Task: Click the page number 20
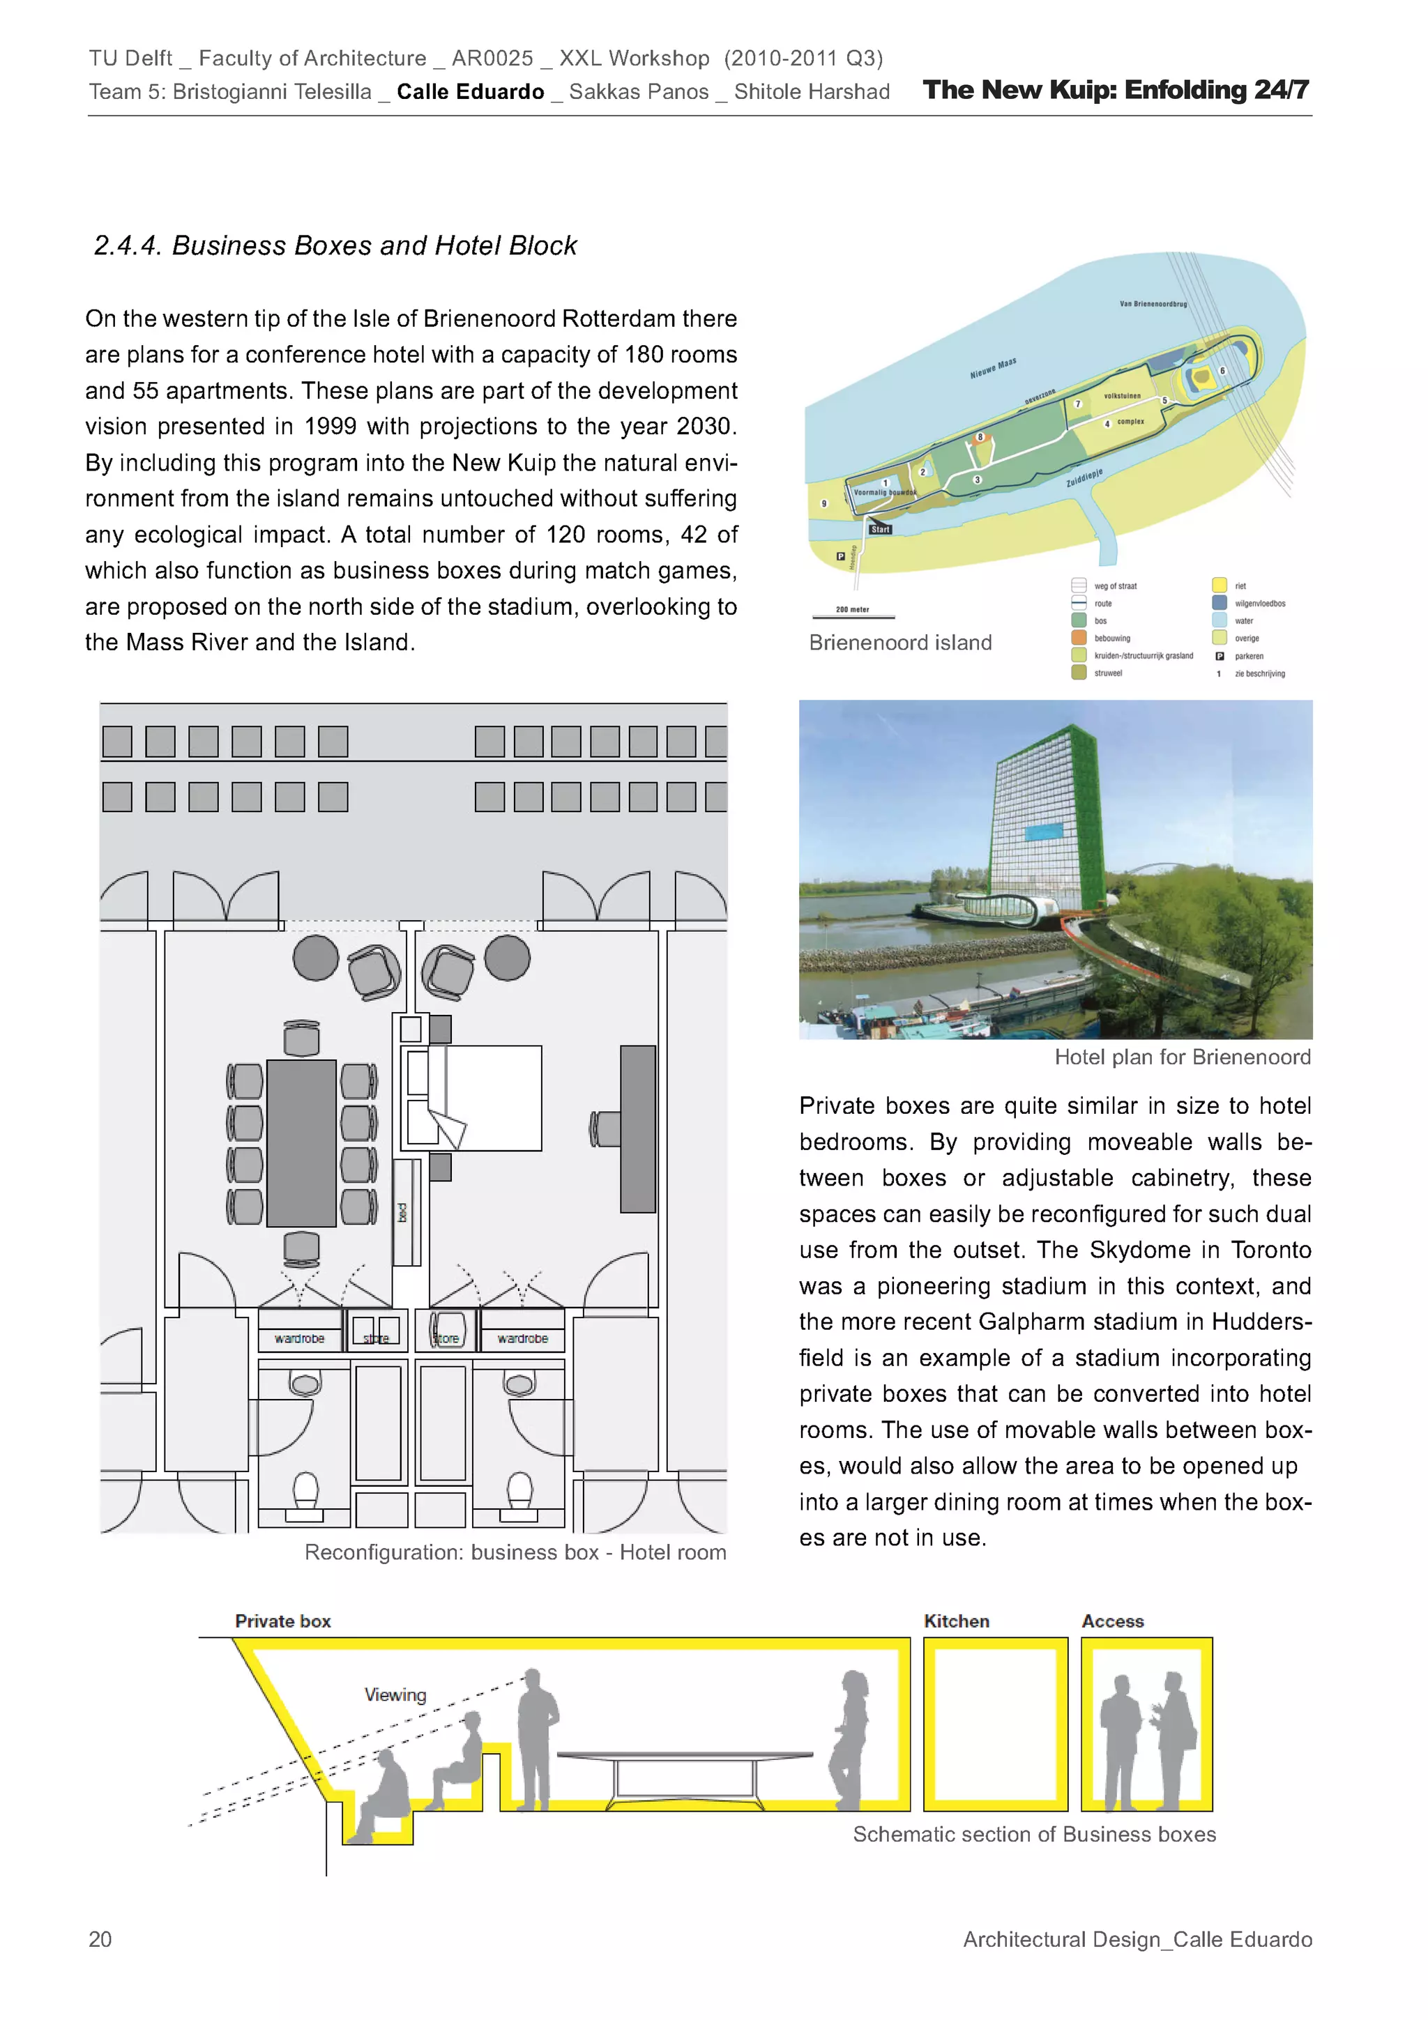pos(100,1939)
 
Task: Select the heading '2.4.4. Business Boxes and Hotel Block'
pos(335,245)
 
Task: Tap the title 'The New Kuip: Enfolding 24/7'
pos(1116,90)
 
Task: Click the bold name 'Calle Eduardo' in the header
pos(470,91)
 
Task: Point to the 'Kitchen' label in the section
pos(957,1621)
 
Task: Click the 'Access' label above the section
pos(1112,1621)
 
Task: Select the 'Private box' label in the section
pos(282,1621)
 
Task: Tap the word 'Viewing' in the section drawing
pos(395,1694)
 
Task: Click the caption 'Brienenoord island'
pos(900,642)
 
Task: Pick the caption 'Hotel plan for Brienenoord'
pos(1183,1057)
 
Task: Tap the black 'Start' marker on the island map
pos(880,529)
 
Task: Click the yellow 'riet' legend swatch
pos(1219,585)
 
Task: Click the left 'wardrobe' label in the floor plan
pos(299,1338)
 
